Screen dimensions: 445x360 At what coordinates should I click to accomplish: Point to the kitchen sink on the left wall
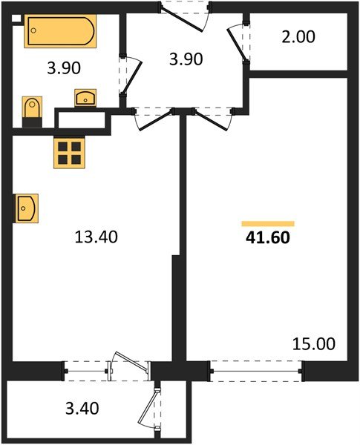point(25,207)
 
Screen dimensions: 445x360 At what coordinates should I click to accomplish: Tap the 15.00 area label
point(314,343)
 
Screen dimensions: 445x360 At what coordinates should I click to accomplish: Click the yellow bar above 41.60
point(268,223)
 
